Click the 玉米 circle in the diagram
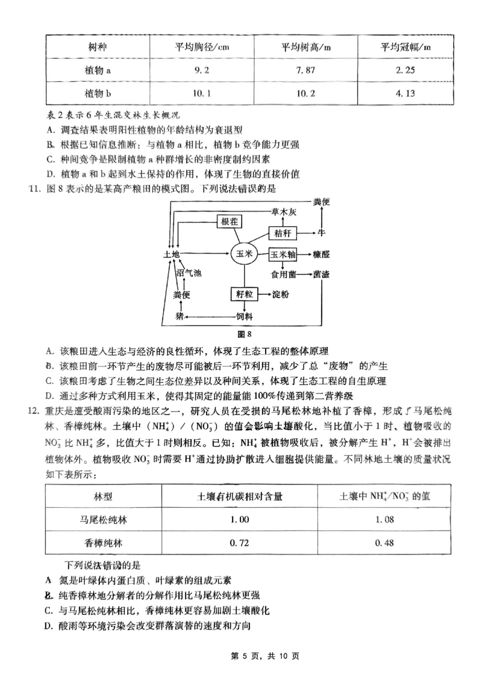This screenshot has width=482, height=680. (x=245, y=255)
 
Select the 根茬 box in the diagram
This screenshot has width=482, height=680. (x=230, y=222)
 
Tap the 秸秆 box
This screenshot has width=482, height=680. (x=282, y=232)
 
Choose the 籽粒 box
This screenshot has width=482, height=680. (x=244, y=294)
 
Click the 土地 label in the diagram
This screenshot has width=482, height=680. (x=172, y=255)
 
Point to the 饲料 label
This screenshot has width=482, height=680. (x=244, y=315)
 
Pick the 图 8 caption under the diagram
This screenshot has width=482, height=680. (x=244, y=334)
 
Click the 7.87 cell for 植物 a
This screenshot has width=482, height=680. (x=305, y=70)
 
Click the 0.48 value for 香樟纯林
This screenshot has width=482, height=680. (x=384, y=543)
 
